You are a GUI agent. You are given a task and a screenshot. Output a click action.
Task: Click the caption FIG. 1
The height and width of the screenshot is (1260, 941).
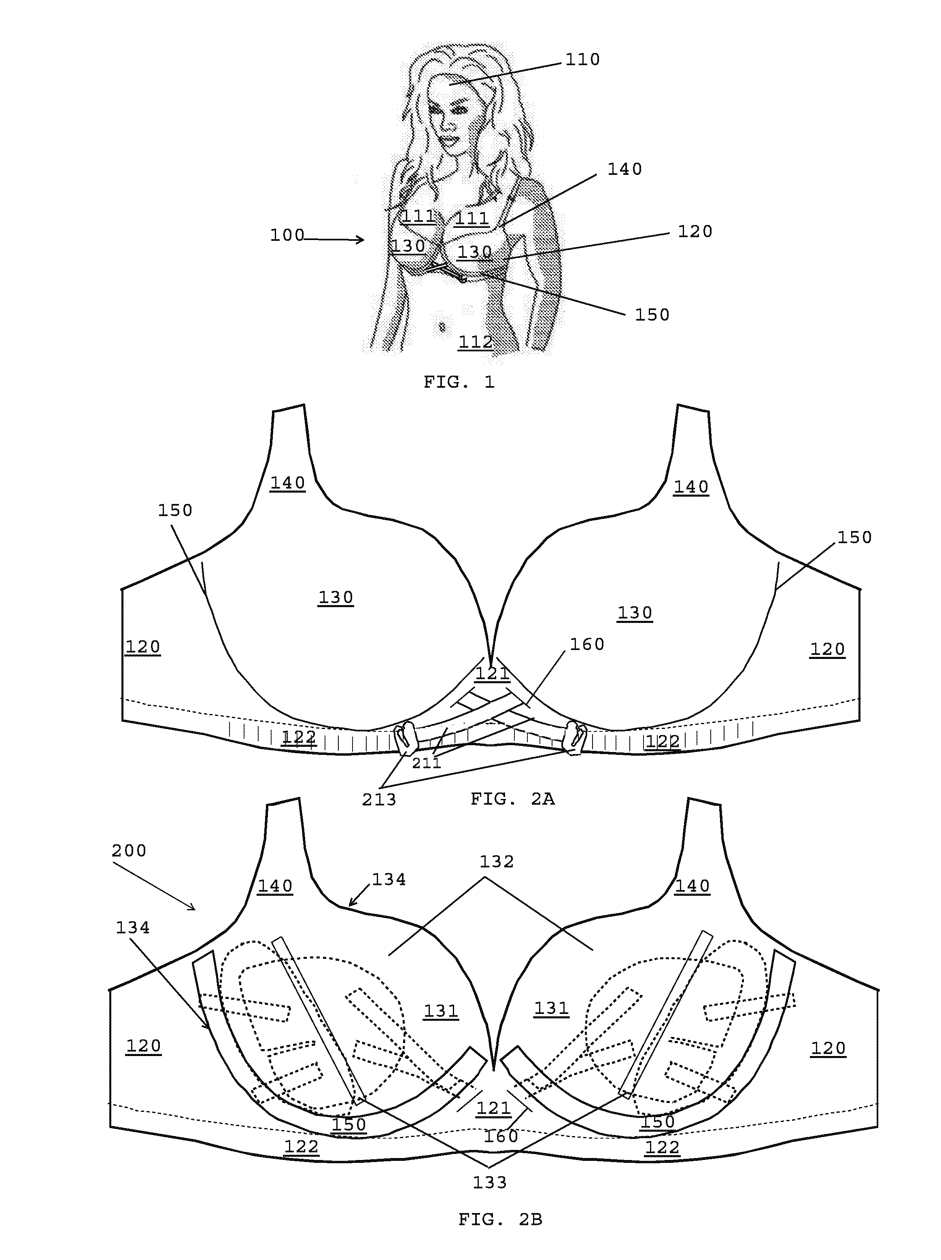[x=459, y=382]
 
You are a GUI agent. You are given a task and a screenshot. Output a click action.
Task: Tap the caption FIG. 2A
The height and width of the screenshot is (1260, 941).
[x=512, y=799]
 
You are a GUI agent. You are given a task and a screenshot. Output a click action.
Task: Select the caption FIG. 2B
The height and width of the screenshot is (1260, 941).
[x=500, y=1220]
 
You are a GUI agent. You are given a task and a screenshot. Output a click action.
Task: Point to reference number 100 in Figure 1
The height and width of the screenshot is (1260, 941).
[x=287, y=235]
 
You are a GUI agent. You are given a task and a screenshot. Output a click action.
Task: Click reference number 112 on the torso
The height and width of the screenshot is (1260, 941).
[x=476, y=342]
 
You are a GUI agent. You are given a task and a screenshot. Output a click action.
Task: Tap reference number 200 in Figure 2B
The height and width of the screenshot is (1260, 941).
[x=129, y=850]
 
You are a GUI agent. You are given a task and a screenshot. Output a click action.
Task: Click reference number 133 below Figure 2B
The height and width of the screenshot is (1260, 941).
[x=490, y=1183]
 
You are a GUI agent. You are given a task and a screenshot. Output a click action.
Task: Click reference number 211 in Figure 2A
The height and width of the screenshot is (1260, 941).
[x=427, y=763]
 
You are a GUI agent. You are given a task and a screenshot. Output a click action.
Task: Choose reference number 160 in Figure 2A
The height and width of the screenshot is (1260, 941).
[x=587, y=644]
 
